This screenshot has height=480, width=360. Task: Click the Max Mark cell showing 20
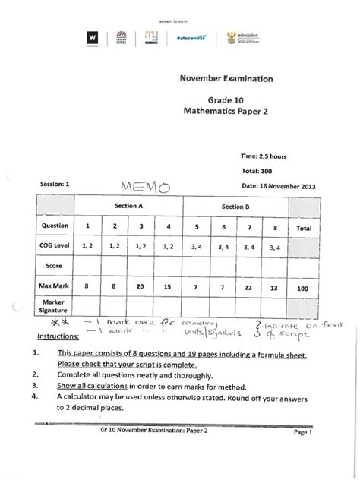(x=141, y=289)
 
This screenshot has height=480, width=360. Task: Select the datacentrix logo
(x=191, y=37)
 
